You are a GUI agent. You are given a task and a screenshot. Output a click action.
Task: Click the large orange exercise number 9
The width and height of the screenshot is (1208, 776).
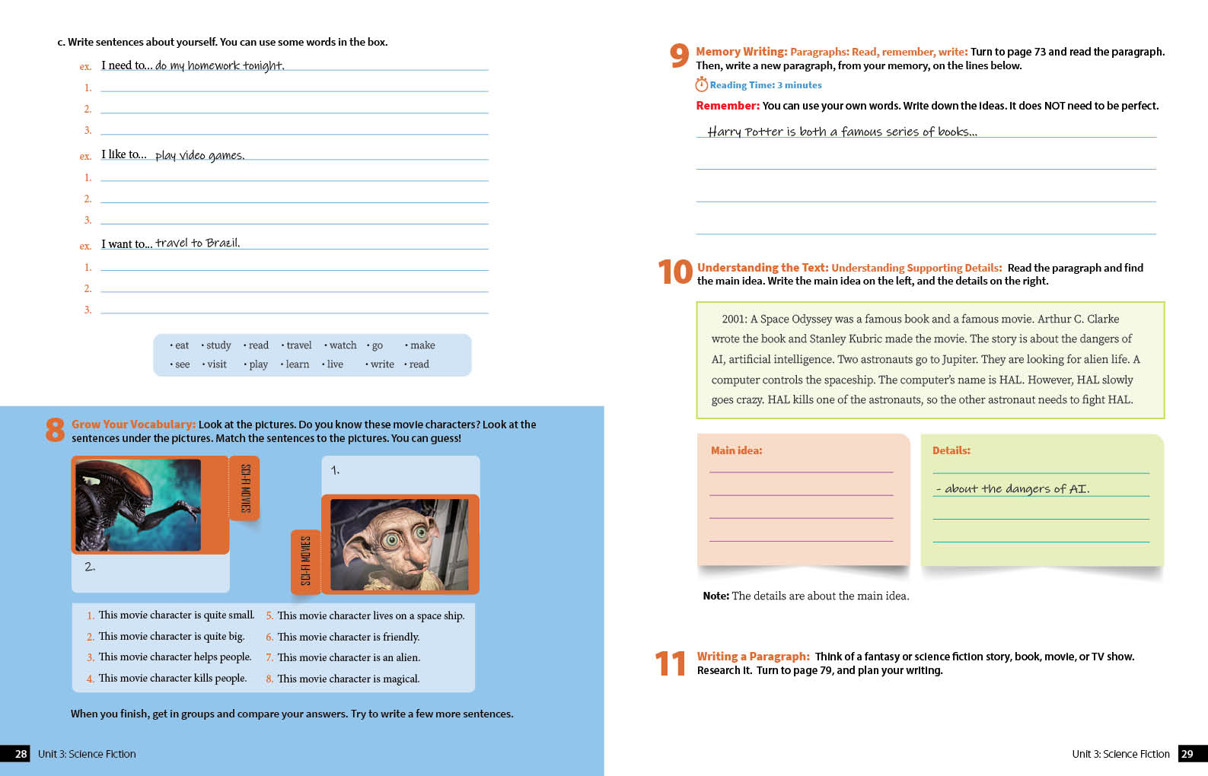pyautogui.click(x=679, y=56)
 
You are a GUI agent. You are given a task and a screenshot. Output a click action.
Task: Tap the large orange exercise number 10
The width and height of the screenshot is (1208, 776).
pyautogui.click(x=675, y=272)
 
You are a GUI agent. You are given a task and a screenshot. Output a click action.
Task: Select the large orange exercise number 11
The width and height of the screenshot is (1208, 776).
pyautogui.click(x=670, y=663)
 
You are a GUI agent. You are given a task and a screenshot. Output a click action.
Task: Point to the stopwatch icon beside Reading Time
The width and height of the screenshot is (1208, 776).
pyautogui.click(x=701, y=84)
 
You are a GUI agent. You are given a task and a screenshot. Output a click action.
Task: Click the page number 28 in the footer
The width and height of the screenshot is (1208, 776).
pyautogui.click(x=21, y=754)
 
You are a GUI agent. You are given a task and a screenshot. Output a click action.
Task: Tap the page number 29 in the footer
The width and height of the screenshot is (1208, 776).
pyautogui.click(x=1187, y=754)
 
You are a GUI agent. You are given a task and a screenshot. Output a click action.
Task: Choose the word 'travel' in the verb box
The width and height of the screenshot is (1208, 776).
pyautogui.click(x=298, y=345)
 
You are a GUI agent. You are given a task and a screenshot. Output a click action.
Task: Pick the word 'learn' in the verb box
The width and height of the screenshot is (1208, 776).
pyautogui.click(x=297, y=364)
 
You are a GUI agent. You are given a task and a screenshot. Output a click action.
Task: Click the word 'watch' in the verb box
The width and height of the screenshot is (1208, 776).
pyautogui.click(x=343, y=345)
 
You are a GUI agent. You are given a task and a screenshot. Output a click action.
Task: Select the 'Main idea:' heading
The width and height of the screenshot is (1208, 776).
pyautogui.click(x=736, y=450)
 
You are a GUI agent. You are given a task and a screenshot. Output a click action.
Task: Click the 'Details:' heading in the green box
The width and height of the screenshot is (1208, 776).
pyautogui.click(x=951, y=450)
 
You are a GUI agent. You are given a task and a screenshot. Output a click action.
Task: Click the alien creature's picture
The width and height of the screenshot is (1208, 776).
pyautogui.click(x=139, y=504)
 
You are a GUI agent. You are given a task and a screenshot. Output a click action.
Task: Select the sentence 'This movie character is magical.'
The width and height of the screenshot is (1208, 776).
pyautogui.click(x=348, y=679)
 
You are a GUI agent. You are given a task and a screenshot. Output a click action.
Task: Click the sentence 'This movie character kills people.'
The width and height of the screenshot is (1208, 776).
pyautogui.click(x=172, y=678)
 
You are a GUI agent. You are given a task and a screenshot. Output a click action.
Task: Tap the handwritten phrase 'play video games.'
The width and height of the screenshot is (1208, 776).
pyautogui.click(x=199, y=155)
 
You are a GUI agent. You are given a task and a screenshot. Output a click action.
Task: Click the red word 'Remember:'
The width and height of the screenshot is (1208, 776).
pyautogui.click(x=727, y=106)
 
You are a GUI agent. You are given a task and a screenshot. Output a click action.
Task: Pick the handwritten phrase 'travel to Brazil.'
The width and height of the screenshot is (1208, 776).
pyautogui.click(x=197, y=243)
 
